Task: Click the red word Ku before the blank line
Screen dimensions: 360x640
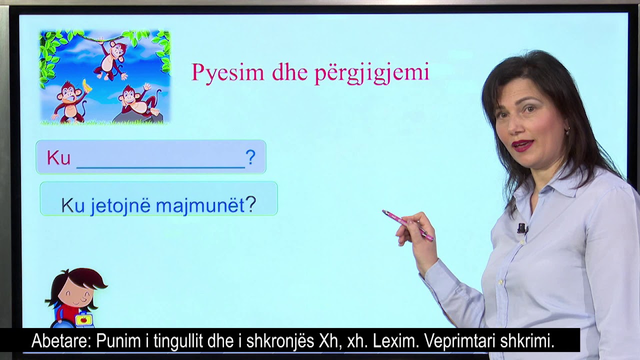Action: click(58, 158)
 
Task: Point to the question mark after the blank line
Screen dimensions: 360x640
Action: click(250, 157)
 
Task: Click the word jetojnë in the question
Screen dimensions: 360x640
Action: click(120, 205)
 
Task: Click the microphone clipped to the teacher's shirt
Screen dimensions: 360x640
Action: click(522, 228)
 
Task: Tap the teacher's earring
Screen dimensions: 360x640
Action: click(567, 131)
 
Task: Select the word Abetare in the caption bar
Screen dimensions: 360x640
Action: click(60, 341)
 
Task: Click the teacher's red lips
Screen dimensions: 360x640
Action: click(523, 145)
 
